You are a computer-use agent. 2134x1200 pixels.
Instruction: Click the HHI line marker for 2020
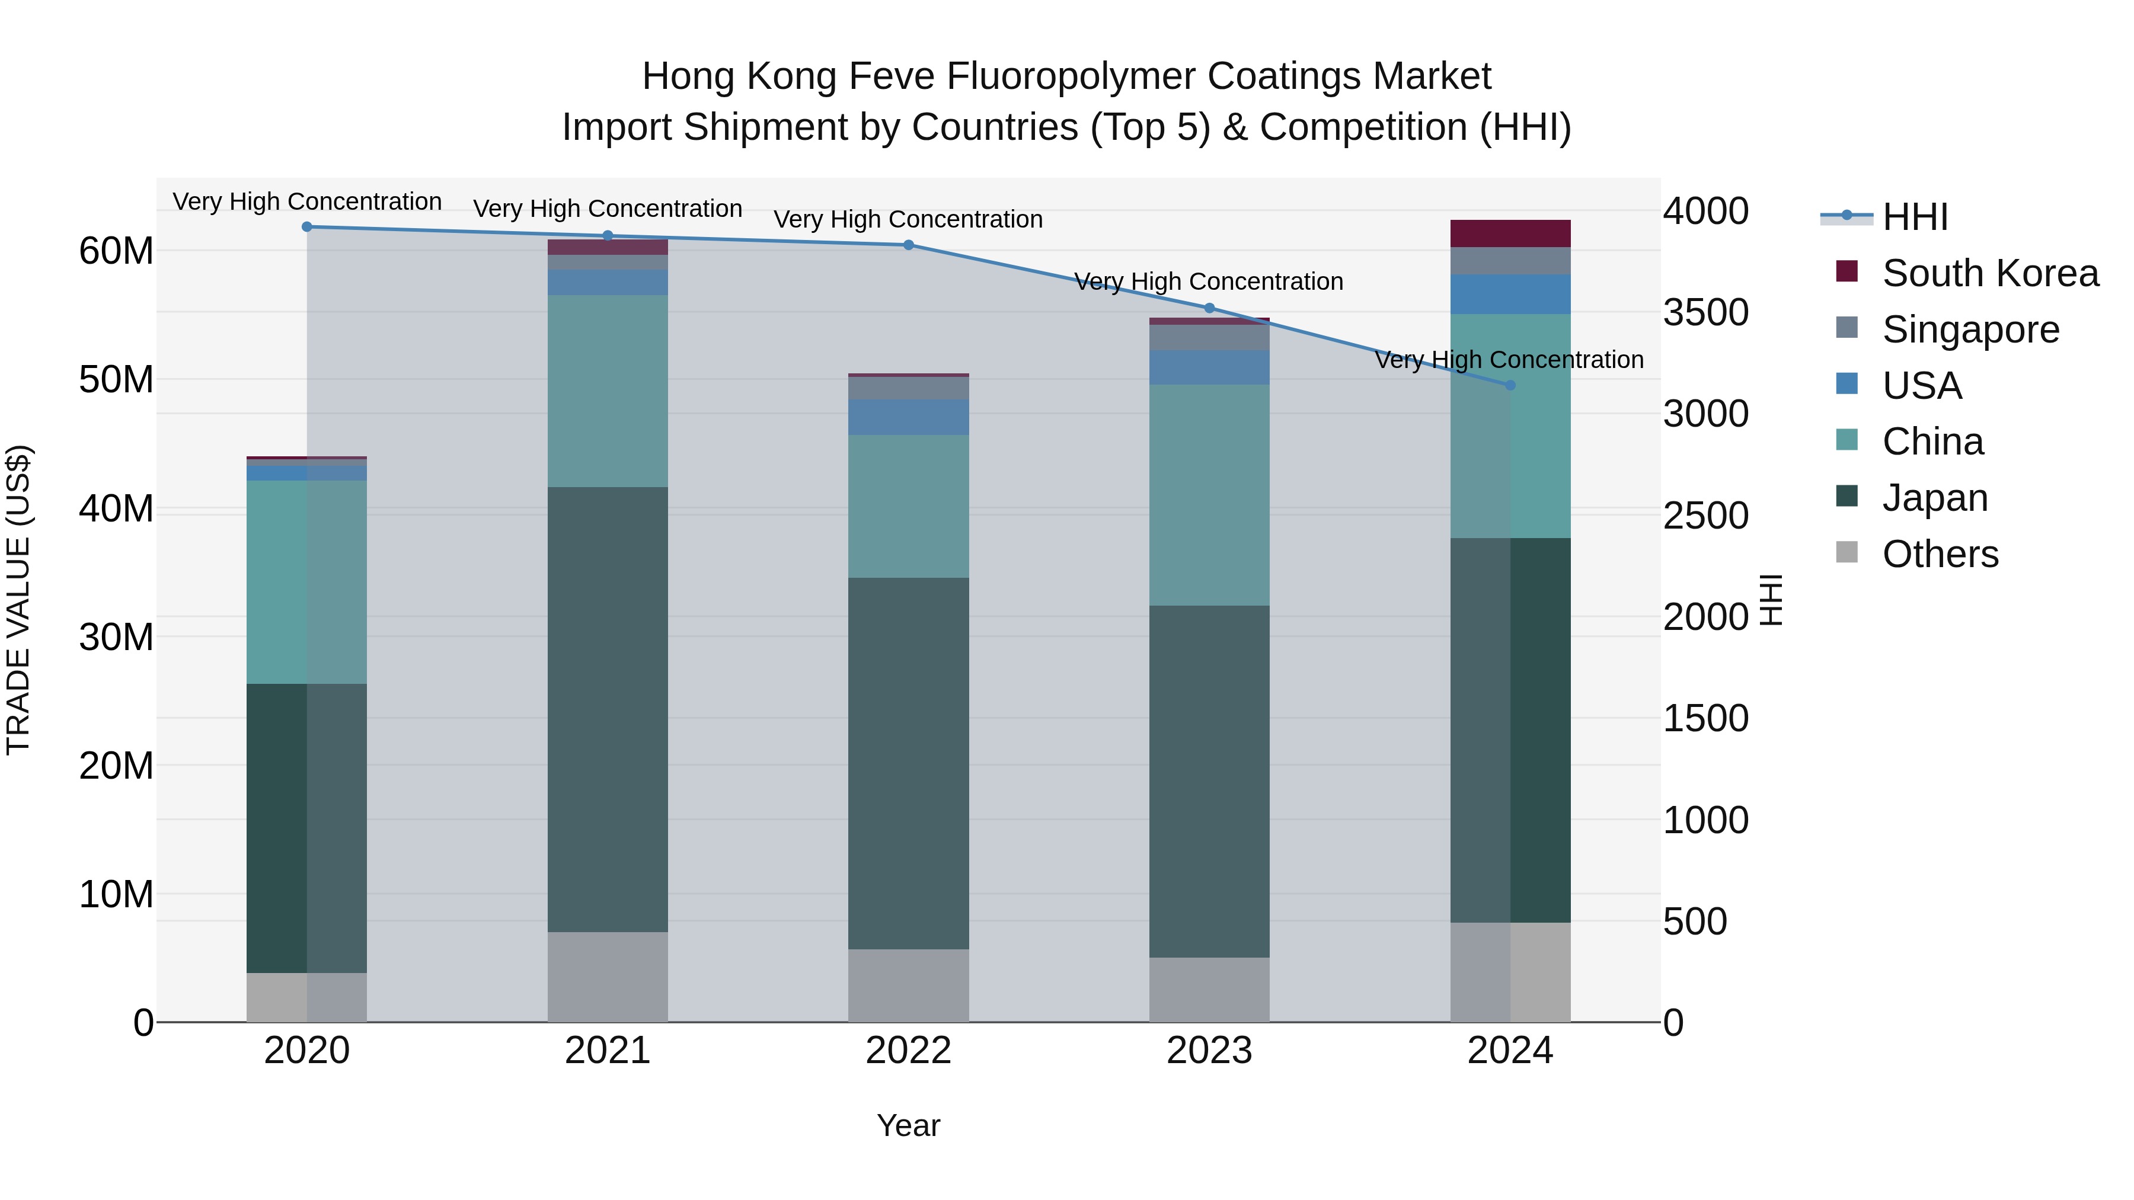[x=306, y=227]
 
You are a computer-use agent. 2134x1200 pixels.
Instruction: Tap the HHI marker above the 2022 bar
[x=908, y=245]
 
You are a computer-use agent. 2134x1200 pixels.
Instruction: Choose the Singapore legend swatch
[x=1847, y=328]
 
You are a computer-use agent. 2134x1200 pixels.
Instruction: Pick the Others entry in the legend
[x=1940, y=554]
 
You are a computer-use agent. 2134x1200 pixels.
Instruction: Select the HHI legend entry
[x=1915, y=217]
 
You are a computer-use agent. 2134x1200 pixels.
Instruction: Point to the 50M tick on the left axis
[x=116, y=380]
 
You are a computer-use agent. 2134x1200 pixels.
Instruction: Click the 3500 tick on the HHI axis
[x=1705, y=313]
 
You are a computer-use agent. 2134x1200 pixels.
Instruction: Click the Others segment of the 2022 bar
[x=908, y=985]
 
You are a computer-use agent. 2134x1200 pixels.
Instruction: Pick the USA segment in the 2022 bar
[x=908, y=417]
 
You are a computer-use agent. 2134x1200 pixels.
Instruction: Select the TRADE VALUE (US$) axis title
[x=18, y=600]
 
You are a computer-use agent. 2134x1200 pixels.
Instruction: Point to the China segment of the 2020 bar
[x=306, y=582]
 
